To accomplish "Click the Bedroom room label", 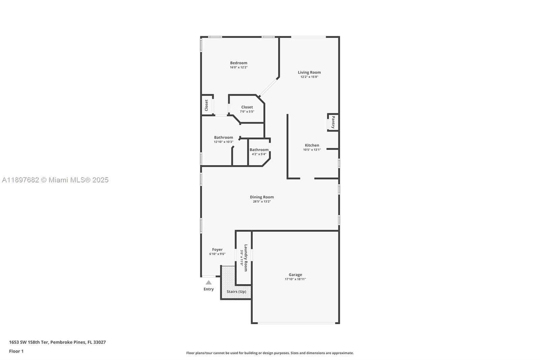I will click(239, 63).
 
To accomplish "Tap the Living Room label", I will click(309, 72).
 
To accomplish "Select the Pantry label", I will click(333, 122).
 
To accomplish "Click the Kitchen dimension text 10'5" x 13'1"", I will click(312, 150).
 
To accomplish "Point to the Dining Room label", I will click(262, 197).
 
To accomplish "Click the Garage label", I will click(295, 275).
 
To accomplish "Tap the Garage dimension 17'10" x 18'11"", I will click(295, 279).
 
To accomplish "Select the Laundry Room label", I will click(246, 258).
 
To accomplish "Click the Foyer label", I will click(217, 250).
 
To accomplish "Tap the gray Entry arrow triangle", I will click(209, 283).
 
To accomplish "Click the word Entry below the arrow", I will click(209, 289).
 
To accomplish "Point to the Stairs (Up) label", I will click(236, 291).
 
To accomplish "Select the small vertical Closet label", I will click(207, 105).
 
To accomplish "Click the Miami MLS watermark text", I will click(55, 180).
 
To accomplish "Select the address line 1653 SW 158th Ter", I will click(57, 342).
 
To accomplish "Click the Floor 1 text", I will click(16, 351).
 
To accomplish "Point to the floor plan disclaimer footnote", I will click(270, 353).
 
